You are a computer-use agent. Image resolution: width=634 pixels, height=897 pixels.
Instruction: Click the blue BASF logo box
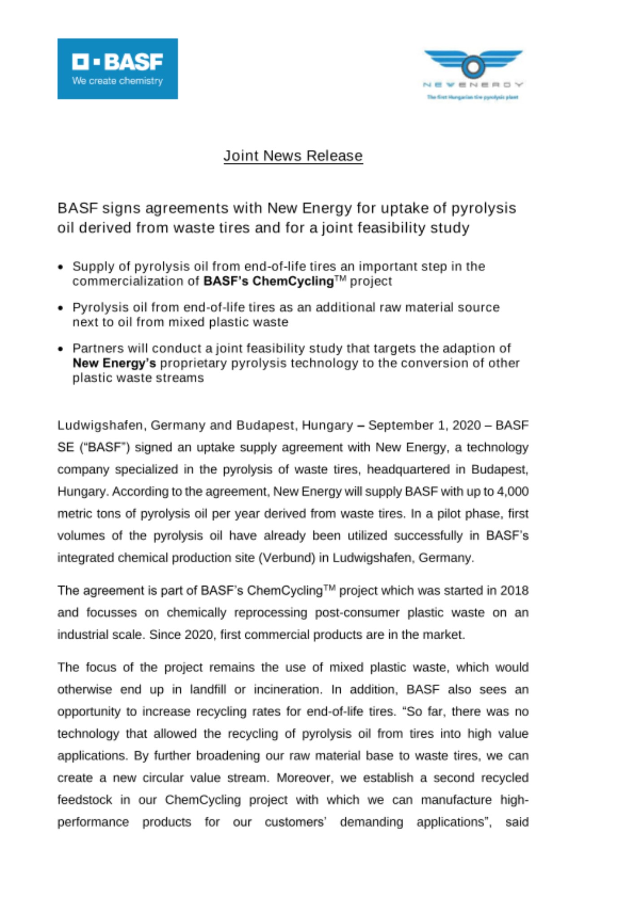[x=117, y=68]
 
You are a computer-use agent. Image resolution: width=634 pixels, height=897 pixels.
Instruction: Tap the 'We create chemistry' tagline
[x=117, y=81]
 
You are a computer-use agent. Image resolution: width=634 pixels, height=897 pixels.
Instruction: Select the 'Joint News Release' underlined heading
[x=293, y=156]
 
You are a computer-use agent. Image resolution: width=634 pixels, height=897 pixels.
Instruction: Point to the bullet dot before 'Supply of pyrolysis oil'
[x=61, y=267]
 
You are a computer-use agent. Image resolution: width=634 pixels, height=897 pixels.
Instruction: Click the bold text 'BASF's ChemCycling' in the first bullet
[x=268, y=281]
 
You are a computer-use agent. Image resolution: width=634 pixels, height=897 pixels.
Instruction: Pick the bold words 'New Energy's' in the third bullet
[x=114, y=363]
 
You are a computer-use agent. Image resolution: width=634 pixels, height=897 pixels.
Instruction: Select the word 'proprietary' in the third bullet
[x=193, y=363]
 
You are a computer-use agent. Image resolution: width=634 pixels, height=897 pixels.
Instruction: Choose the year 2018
[x=514, y=590]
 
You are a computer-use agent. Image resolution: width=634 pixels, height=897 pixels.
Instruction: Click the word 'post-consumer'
[x=357, y=612]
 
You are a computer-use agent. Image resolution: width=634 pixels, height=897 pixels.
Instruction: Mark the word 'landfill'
[x=208, y=689]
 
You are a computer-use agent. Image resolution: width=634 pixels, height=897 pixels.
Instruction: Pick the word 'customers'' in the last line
[x=295, y=822]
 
